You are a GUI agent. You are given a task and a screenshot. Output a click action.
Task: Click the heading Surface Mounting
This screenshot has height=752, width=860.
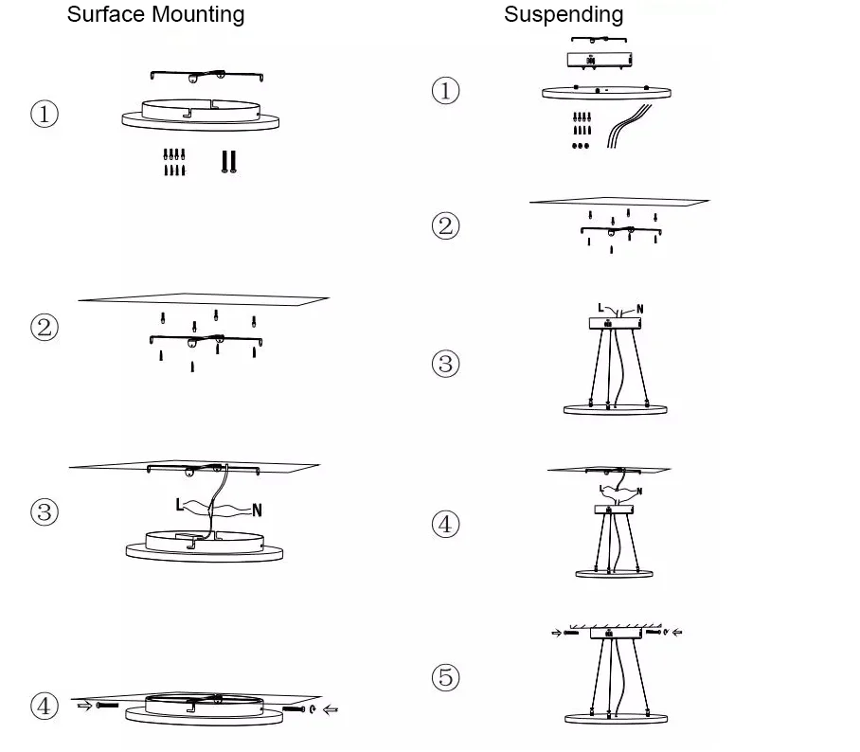tap(155, 15)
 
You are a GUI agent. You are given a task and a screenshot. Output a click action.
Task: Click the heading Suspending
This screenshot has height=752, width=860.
tap(564, 14)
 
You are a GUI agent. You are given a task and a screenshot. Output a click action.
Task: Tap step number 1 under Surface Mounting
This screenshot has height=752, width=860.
tap(45, 115)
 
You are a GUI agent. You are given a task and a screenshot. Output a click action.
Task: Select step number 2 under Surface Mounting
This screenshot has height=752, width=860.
tap(45, 328)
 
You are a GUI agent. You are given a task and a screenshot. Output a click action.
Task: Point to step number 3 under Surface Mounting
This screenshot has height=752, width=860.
tap(45, 512)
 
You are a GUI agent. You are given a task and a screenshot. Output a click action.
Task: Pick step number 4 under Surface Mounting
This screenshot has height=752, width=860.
tap(45, 706)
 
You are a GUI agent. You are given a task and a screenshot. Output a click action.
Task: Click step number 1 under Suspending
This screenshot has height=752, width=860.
tap(445, 92)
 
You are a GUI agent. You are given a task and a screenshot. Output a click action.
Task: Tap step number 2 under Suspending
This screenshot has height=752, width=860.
tap(445, 226)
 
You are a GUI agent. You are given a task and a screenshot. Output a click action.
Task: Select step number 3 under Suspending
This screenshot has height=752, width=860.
tap(445, 364)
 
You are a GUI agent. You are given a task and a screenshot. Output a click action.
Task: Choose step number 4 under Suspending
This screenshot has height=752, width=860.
tap(445, 524)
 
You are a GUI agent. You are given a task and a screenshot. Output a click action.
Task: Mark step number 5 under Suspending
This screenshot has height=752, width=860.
tap(445, 677)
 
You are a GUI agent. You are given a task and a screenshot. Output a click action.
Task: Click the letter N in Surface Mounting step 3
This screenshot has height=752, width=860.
tap(257, 510)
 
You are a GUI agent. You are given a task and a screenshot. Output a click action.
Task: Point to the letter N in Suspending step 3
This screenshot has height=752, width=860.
tap(640, 309)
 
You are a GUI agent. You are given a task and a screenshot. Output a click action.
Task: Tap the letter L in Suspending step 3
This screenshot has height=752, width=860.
tap(600, 307)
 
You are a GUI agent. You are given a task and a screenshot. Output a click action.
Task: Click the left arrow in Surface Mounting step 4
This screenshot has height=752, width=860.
tap(83, 706)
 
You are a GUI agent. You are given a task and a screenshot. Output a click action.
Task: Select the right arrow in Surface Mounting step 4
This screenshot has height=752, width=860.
tap(331, 708)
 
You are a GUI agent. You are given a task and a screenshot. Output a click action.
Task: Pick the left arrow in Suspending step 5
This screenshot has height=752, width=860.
tap(556, 632)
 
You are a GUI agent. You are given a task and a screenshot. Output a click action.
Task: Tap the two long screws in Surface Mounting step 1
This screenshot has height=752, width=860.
tap(228, 162)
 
